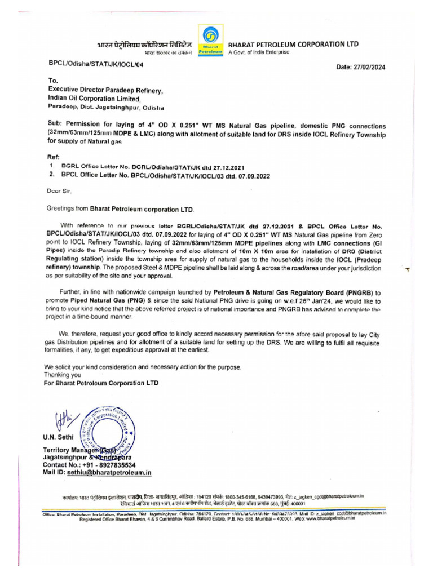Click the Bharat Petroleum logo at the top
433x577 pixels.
pyautogui.click(x=210, y=39)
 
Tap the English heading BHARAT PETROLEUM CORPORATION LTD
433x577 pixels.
pyautogui.click(x=292, y=44)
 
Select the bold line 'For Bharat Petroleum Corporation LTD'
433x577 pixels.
pyautogui.click(x=101, y=383)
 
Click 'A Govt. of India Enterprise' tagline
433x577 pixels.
pyautogui.click(x=258, y=52)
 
